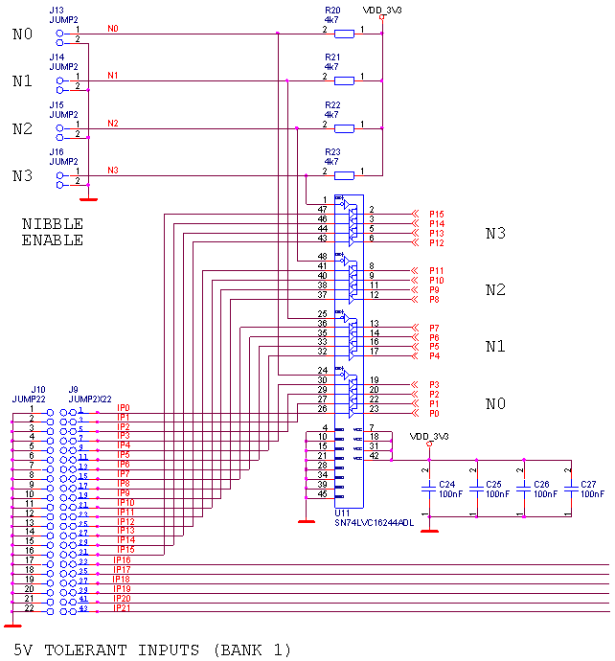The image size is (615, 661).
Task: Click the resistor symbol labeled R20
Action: pyautogui.click(x=344, y=34)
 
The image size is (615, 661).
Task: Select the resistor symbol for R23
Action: pyautogui.click(x=344, y=175)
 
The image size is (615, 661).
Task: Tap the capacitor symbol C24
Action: pyautogui.click(x=429, y=489)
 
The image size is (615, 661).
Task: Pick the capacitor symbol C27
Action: pyautogui.click(x=572, y=489)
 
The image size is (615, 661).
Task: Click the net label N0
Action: pyautogui.click(x=113, y=29)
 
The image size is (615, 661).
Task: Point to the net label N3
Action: pyautogui.click(x=113, y=171)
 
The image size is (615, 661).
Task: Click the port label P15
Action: pyautogui.click(x=437, y=214)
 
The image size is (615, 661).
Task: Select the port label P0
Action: pyautogui.click(x=434, y=413)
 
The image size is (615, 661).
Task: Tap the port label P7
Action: pyautogui.click(x=434, y=328)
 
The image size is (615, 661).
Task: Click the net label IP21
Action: pyautogui.click(x=122, y=608)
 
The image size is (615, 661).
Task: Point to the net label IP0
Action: pyautogui.click(x=123, y=408)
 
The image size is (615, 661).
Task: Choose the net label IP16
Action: pyautogui.click(x=122, y=560)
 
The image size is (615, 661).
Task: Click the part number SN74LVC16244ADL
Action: pyautogui.click(x=374, y=523)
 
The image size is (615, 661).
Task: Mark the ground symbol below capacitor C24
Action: pyautogui.click(x=429, y=528)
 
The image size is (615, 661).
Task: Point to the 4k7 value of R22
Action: pyautogui.click(x=332, y=114)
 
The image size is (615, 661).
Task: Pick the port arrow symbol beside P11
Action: pyautogui.click(x=415, y=270)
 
